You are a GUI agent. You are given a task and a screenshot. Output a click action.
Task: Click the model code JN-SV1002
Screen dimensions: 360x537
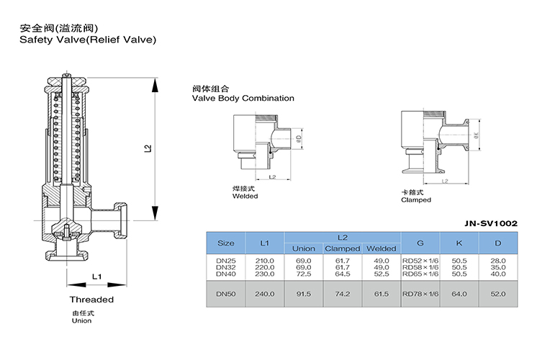[490, 223]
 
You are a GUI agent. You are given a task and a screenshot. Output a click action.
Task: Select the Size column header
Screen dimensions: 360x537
[226, 243]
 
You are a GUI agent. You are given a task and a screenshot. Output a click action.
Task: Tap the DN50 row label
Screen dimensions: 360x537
[226, 293]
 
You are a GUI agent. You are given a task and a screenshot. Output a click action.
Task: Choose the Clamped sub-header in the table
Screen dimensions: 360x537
[343, 248]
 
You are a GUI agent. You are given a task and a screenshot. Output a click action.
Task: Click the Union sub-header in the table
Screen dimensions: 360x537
[303, 248]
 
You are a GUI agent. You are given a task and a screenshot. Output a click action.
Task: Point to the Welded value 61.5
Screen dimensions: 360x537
[381, 293]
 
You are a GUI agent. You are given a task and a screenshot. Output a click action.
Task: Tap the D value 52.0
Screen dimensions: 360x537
[497, 293]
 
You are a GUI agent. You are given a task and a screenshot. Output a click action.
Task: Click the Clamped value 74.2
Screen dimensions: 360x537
[343, 293]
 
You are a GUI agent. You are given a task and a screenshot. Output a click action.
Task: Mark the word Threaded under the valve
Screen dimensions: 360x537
[91, 300]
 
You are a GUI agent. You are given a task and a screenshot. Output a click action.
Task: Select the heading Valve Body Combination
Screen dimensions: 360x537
[243, 98]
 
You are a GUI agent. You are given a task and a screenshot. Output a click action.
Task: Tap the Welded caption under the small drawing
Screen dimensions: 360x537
[245, 196]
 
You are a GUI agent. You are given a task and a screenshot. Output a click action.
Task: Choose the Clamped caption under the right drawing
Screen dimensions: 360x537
[416, 200]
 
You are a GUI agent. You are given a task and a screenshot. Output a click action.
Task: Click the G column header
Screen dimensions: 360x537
[420, 243]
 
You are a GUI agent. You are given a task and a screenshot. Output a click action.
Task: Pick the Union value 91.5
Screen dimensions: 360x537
[303, 293]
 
